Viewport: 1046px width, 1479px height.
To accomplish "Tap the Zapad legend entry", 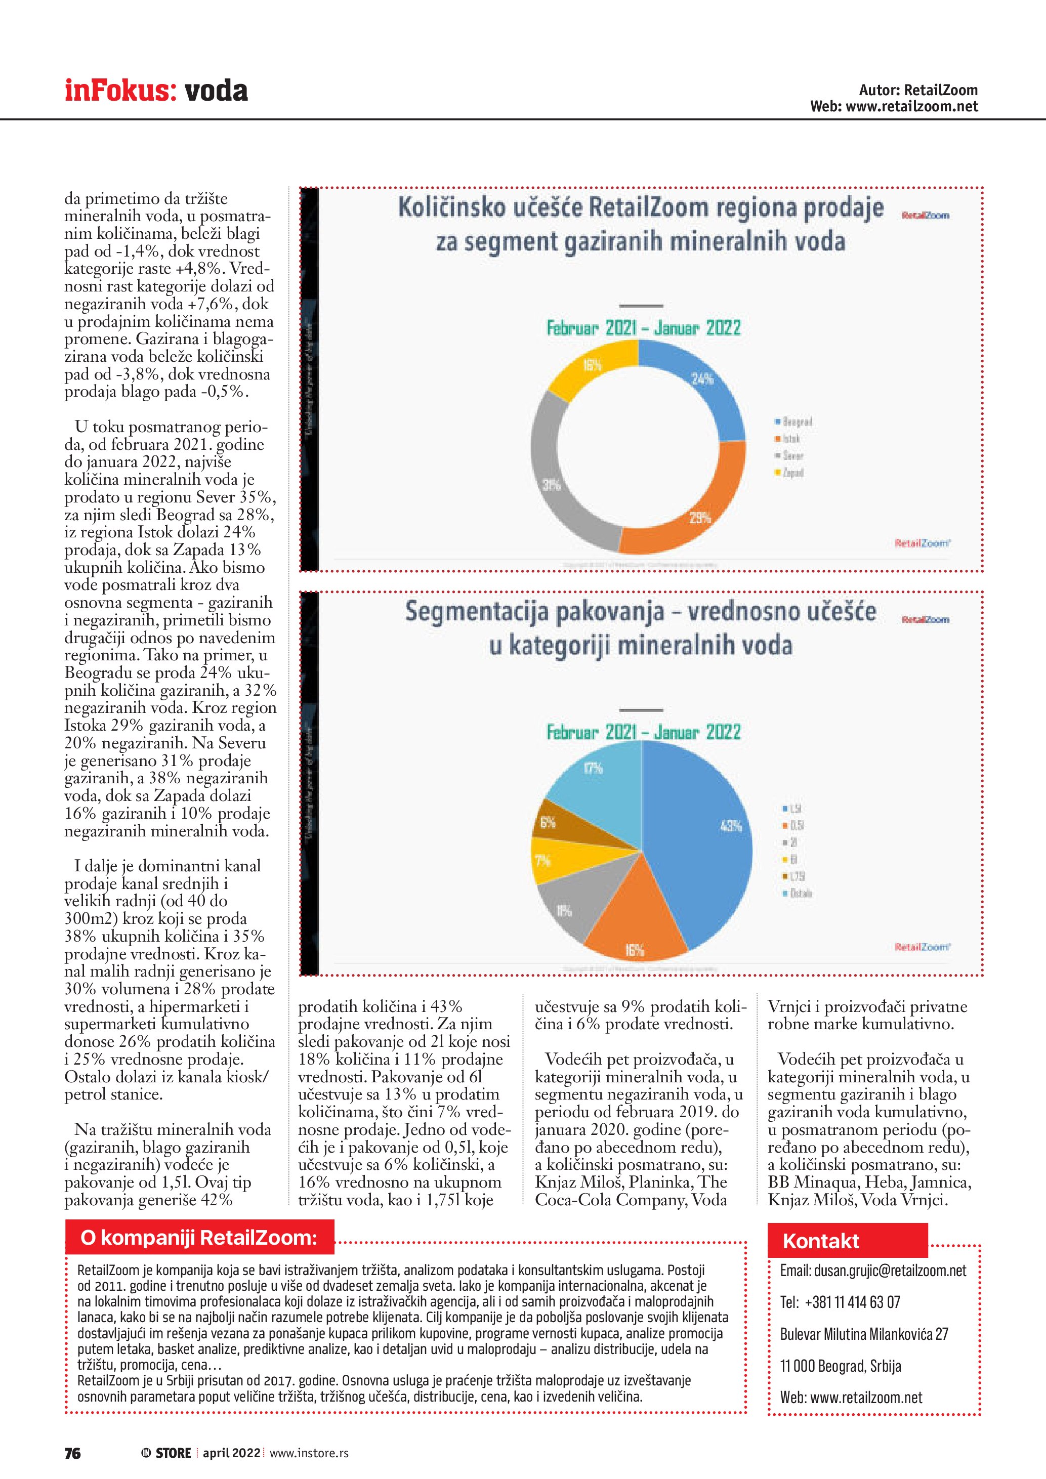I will tap(792, 473).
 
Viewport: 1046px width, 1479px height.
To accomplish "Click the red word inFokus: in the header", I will tap(120, 90).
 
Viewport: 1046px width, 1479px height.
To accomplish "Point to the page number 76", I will tap(73, 1453).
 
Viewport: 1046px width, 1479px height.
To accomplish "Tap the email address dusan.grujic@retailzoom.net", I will tap(873, 1271).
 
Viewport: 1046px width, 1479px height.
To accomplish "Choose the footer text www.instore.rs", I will tap(309, 1453).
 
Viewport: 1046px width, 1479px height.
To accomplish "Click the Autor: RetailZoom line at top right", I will tap(918, 90).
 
